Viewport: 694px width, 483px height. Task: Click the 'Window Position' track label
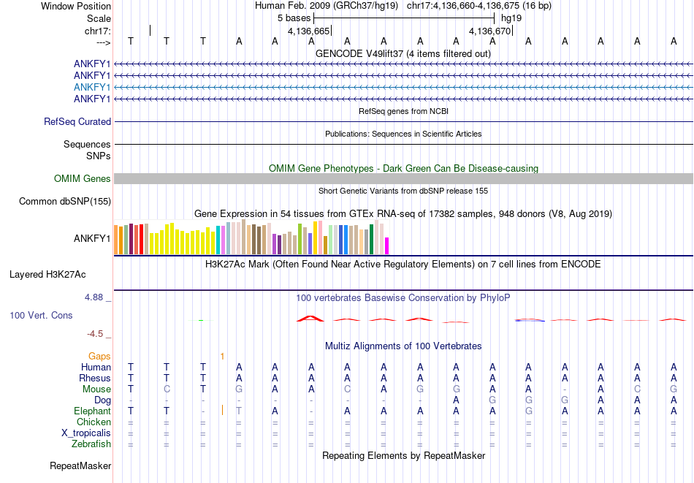coord(76,6)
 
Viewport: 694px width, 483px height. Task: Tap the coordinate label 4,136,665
coord(308,31)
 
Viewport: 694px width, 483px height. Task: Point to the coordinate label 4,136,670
coord(489,31)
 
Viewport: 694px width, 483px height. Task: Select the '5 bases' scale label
coord(294,18)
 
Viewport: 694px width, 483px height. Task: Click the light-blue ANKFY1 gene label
coord(92,87)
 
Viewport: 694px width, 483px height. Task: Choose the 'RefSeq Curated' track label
coord(77,121)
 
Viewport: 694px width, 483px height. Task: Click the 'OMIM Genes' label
coord(83,178)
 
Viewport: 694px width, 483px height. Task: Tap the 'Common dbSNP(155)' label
coord(65,202)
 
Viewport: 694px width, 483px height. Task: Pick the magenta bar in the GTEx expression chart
coord(387,246)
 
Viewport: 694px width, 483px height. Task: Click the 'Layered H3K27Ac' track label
coord(47,275)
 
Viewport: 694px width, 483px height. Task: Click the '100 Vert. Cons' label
coord(41,315)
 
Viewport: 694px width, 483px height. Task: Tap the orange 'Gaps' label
coord(99,357)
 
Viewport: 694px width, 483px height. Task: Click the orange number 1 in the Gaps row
coord(222,357)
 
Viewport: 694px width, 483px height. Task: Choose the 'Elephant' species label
coord(93,411)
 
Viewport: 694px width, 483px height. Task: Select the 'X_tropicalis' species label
coord(86,433)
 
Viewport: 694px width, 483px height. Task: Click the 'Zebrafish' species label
coord(91,444)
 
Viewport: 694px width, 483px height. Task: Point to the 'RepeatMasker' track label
coord(80,465)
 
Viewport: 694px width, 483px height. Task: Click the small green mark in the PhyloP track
coord(201,320)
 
